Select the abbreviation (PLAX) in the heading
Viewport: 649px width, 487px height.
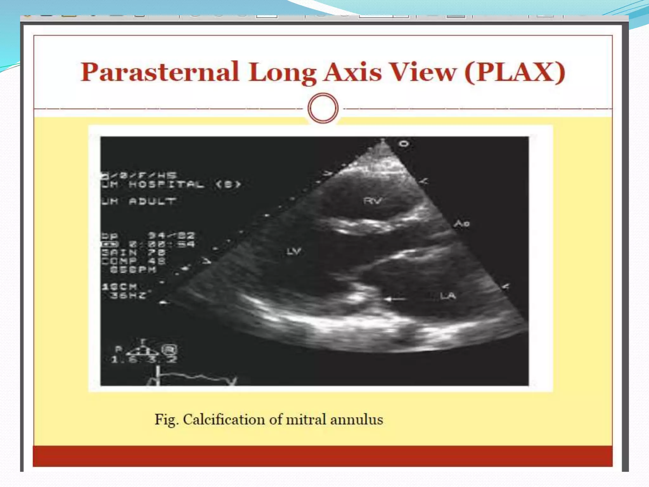tap(515, 72)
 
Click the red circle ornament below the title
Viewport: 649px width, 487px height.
tap(323, 108)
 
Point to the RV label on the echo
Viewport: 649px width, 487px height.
tap(373, 201)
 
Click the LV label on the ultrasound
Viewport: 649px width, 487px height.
tap(293, 251)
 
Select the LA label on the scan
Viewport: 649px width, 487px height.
tap(448, 296)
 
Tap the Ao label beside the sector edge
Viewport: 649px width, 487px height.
tap(462, 224)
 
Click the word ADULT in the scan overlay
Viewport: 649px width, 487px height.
tap(152, 201)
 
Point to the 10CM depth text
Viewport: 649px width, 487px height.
tap(120, 287)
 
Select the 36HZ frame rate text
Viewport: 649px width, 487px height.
tap(128, 295)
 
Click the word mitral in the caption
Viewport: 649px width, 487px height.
tap(306, 419)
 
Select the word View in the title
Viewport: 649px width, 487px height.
tap(423, 72)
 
